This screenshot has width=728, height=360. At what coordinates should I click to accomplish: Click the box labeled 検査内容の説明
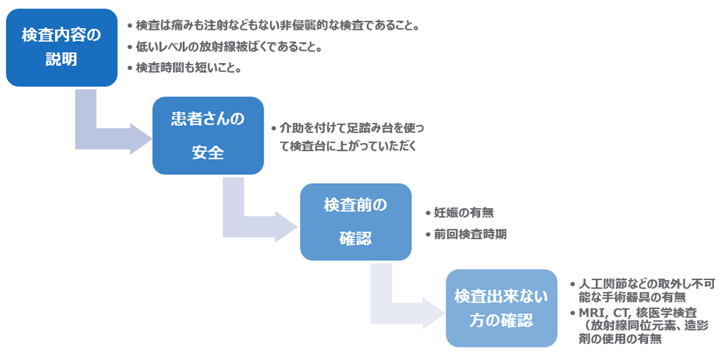point(61,47)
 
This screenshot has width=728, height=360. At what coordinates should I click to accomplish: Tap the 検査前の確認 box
point(355,222)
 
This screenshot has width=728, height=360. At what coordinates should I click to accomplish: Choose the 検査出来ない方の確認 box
point(501,308)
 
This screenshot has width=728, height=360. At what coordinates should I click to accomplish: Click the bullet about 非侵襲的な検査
point(277,26)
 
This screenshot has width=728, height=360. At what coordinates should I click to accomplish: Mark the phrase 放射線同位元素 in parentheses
point(634,326)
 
